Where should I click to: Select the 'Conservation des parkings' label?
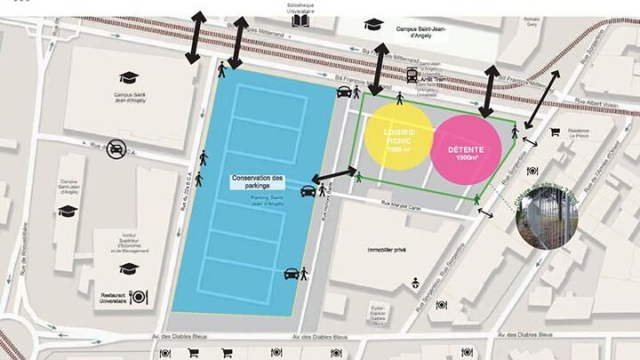[x=257, y=181]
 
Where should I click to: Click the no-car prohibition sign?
[x=116, y=150]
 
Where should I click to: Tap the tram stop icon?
[x=412, y=76]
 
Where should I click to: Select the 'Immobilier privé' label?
[x=386, y=250]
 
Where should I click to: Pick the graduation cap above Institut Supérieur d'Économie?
[x=129, y=268]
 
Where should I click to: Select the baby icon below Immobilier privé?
[x=415, y=284]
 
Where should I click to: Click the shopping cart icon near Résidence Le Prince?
[x=555, y=132]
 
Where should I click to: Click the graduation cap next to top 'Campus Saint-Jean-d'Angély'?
[x=372, y=24]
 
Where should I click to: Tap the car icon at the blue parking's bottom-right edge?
[x=291, y=274]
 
